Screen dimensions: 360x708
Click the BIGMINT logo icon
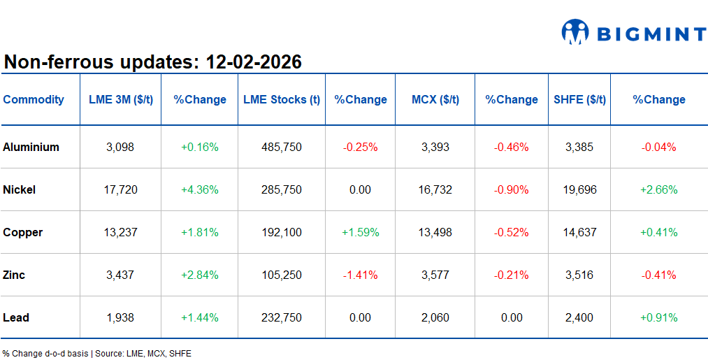(x=575, y=33)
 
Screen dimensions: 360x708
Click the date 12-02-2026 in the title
(x=253, y=62)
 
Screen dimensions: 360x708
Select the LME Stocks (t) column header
(x=282, y=99)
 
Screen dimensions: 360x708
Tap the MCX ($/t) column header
(x=435, y=99)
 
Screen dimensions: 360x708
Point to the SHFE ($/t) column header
(x=580, y=99)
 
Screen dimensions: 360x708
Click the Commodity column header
(x=34, y=99)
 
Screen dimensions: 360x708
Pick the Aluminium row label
(x=31, y=147)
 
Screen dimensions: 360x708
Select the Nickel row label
(x=20, y=189)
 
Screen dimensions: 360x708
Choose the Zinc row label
(x=14, y=275)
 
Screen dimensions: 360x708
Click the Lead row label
(x=16, y=317)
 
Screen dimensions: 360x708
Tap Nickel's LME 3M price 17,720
(x=120, y=189)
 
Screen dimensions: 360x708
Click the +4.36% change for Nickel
(x=200, y=189)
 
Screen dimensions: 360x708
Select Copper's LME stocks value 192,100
(x=282, y=232)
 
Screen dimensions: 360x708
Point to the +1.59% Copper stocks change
(x=360, y=232)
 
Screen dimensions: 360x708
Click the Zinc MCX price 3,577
(x=435, y=275)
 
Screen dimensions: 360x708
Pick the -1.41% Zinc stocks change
(x=360, y=275)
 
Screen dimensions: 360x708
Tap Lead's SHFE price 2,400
(x=580, y=317)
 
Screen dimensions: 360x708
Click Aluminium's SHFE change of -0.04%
(x=658, y=147)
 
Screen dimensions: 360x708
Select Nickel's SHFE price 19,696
(x=580, y=189)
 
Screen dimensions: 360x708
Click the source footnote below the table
(x=96, y=353)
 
